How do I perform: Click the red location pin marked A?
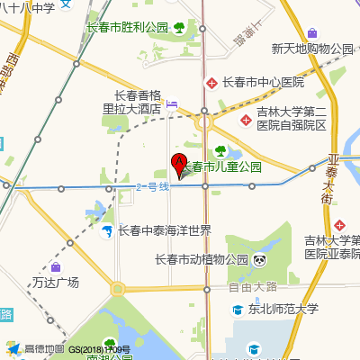[178, 166]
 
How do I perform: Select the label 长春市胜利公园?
[127, 28]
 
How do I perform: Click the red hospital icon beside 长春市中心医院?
[211, 83]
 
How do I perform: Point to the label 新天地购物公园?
[312, 49]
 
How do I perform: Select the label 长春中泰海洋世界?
[165, 230]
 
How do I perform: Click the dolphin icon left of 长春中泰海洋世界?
[107, 231]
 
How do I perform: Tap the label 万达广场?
[56, 283]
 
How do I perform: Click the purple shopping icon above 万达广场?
[56, 267]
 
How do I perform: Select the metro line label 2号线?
[152, 187]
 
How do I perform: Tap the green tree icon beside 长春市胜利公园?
[178, 28]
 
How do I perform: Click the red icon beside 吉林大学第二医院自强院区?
[244, 119]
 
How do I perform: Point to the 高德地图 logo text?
[44, 349]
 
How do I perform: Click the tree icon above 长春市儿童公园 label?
[220, 151]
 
